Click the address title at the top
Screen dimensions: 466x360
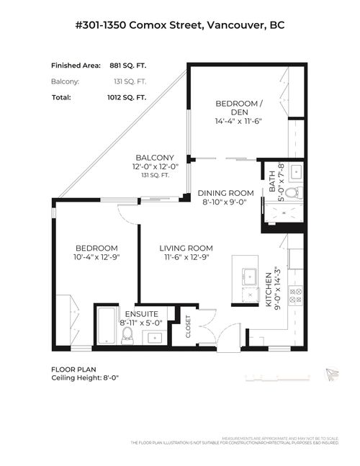(x=180, y=25)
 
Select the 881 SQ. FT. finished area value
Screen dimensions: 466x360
(x=127, y=65)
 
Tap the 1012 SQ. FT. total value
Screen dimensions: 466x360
(x=127, y=97)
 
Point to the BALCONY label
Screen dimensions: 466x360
(x=153, y=158)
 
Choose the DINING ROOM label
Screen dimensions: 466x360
(x=226, y=193)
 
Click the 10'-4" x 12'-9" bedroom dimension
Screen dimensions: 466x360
(x=96, y=257)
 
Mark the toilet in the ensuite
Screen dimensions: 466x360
(x=127, y=333)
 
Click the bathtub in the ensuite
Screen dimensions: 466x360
(x=106, y=326)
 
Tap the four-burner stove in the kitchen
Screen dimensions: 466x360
(x=295, y=294)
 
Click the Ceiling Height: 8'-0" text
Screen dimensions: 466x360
(x=84, y=377)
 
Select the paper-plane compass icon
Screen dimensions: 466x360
(x=330, y=373)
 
